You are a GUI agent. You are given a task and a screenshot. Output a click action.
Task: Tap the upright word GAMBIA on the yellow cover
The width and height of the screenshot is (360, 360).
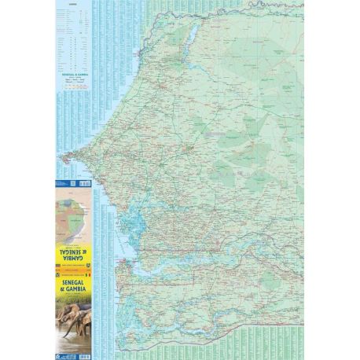coord(72,288)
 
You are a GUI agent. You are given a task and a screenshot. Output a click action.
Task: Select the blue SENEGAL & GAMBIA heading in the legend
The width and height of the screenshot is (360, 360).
coord(73,74)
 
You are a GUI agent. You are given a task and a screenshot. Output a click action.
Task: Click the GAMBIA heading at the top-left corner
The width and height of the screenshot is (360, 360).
coord(73,4)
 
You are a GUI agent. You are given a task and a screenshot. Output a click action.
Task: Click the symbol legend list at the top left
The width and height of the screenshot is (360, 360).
coord(73,39)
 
